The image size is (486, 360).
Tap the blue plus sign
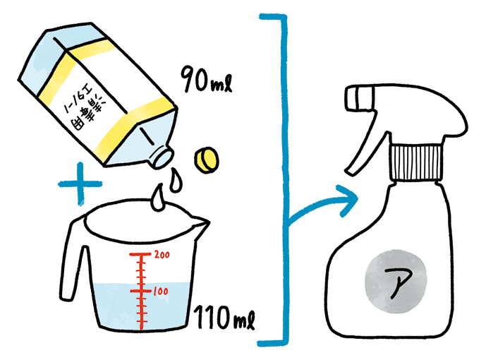(78, 184)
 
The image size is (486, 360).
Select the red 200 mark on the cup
(162, 254)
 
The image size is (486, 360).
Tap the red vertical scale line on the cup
(142, 289)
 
